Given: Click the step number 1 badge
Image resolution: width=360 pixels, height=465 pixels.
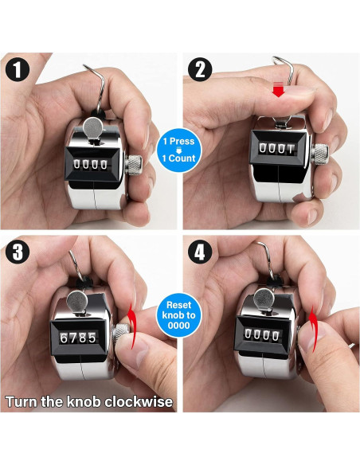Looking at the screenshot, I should (18, 69).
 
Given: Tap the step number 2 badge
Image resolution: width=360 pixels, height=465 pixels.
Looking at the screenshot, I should (199, 69).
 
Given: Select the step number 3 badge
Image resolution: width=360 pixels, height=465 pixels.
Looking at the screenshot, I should (18, 254).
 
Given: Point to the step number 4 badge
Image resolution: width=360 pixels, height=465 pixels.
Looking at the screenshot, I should (199, 254).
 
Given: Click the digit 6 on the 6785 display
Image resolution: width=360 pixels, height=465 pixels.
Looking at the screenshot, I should (64, 338).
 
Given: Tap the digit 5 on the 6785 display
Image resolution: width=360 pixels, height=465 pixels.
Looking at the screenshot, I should (93, 338).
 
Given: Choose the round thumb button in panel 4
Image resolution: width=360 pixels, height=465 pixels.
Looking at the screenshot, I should (260, 300).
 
